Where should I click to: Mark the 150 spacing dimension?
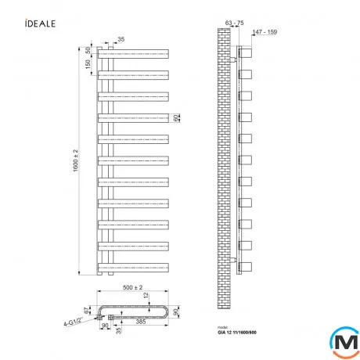point(90,65)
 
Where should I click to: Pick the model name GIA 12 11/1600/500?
point(239,335)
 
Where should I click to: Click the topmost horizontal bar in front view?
point(133,54)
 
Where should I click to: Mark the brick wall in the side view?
point(227,157)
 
